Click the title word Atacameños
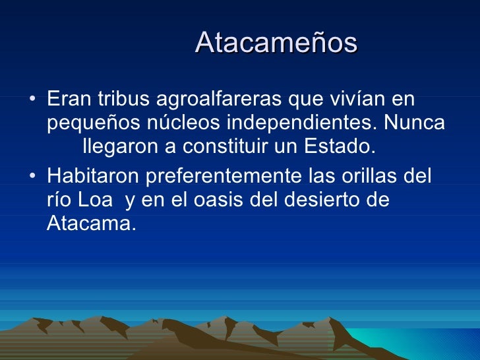276,43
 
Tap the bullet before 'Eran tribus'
33,102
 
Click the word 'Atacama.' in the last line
91,223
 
